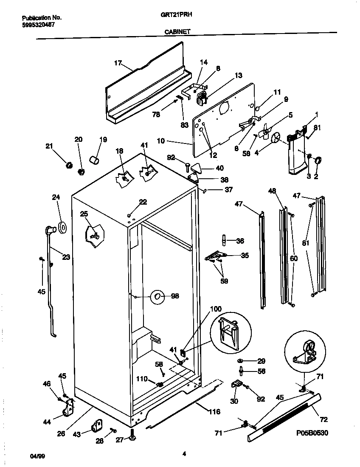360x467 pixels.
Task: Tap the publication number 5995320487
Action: (38, 24)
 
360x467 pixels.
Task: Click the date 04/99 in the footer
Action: (37, 456)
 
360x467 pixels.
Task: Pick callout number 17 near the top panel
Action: (118, 63)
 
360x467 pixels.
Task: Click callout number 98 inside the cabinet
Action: (175, 296)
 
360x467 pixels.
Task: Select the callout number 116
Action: (214, 411)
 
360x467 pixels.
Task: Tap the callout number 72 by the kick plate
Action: (323, 420)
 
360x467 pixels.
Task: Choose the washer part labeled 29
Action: (241, 361)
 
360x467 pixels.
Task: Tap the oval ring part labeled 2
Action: (318, 160)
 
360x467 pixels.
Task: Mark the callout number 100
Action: (216, 309)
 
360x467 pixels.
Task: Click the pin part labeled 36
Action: (224, 241)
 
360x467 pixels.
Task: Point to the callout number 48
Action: (272, 191)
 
